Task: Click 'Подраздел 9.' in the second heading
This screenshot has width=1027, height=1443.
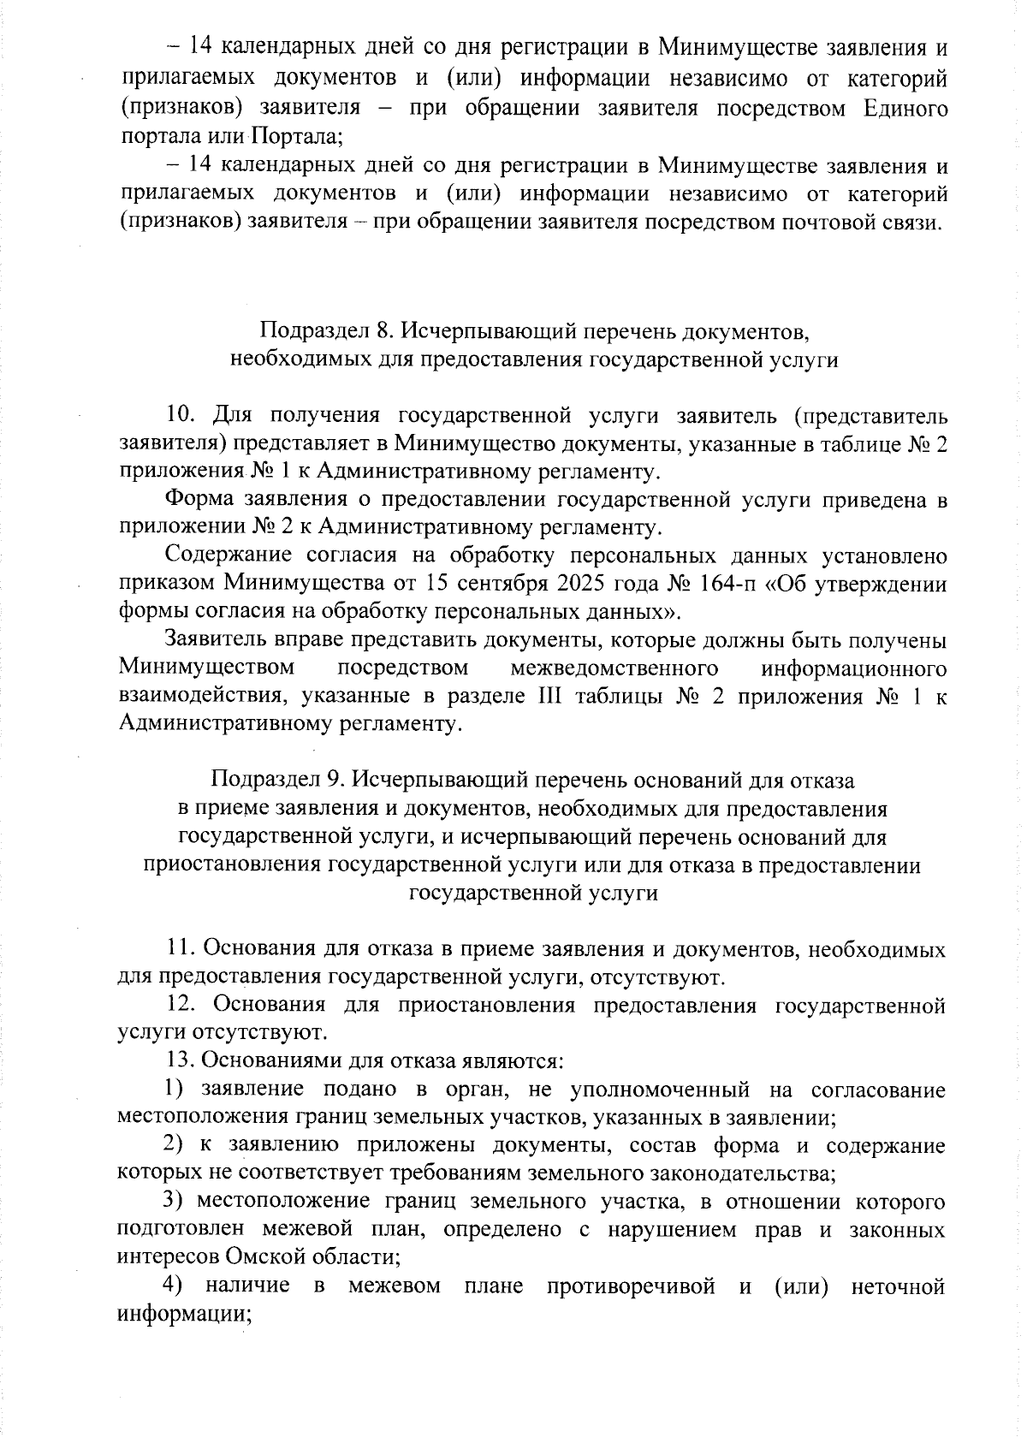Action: point(278,780)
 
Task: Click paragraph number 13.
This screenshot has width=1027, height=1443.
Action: point(181,1061)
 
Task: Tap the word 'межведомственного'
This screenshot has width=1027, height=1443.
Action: point(613,668)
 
